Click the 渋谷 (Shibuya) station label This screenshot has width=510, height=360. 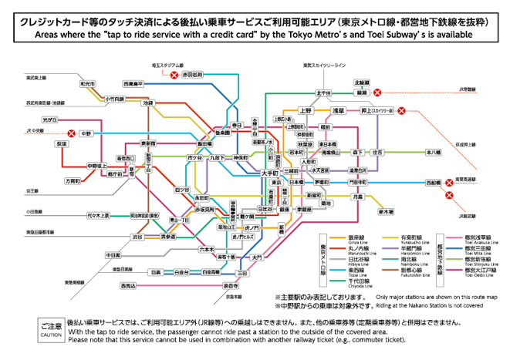137,237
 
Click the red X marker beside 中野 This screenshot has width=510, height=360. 71,133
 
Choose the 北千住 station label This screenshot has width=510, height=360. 324,93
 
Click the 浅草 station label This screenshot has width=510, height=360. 338,111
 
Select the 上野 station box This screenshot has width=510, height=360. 306,111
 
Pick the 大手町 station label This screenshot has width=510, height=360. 269,173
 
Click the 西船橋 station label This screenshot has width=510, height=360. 434,183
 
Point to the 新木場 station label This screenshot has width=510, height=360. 386,210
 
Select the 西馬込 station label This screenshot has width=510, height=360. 127,285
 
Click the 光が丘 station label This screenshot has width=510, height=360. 50,119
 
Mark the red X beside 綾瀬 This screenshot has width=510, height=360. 379,93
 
